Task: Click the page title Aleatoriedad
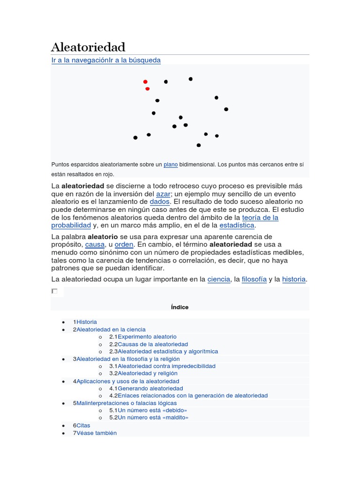coord(88,47)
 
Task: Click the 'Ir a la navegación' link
coord(80,60)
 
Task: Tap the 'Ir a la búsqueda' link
coord(135,60)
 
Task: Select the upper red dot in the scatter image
coord(145,82)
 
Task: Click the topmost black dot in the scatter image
coord(190,79)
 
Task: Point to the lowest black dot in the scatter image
coord(199,145)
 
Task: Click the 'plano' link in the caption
coord(171,165)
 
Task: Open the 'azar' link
coord(163,194)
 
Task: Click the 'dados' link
coord(159,202)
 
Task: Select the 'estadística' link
coord(237,225)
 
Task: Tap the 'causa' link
coord(95,245)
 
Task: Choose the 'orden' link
coord(124,245)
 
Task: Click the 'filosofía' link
coord(254,279)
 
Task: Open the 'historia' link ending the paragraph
coord(294,279)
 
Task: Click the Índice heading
coord(180,307)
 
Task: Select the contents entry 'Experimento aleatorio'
coord(147,337)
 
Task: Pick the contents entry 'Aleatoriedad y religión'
coord(147,373)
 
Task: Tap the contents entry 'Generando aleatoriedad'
coord(150,388)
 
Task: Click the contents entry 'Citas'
coord(83,426)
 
